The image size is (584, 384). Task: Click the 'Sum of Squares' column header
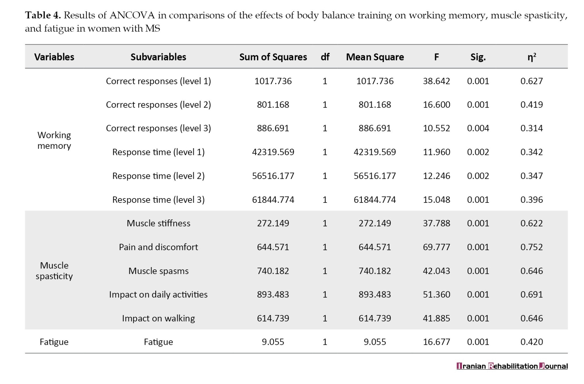pyautogui.click(x=273, y=57)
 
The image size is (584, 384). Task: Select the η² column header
pyautogui.click(x=532, y=57)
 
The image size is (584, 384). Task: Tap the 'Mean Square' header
pyautogui.click(x=375, y=57)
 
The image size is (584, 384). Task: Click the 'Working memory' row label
pyautogui.click(x=54, y=140)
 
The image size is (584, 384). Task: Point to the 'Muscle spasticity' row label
pyautogui.click(x=54, y=271)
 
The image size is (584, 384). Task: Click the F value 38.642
pyautogui.click(x=437, y=81)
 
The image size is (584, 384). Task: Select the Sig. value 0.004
pyautogui.click(x=478, y=128)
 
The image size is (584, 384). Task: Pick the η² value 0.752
pyautogui.click(x=531, y=247)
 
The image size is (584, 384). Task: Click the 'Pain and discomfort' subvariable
pyautogui.click(x=158, y=247)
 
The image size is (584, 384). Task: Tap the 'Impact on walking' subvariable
pyautogui.click(x=158, y=318)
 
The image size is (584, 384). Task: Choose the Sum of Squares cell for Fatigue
pyautogui.click(x=273, y=342)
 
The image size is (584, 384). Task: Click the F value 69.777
pyautogui.click(x=437, y=247)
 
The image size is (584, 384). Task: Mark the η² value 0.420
pyautogui.click(x=531, y=342)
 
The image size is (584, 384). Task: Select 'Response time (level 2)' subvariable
pyautogui.click(x=158, y=176)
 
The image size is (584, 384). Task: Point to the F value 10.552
pyautogui.click(x=437, y=128)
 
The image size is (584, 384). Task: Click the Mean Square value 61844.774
pyautogui.click(x=375, y=200)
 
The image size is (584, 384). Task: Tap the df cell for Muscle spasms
pyautogui.click(x=325, y=271)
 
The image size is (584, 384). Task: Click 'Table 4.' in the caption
pyautogui.click(x=43, y=15)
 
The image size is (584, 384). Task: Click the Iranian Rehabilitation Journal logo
pyautogui.click(x=512, y=366)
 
